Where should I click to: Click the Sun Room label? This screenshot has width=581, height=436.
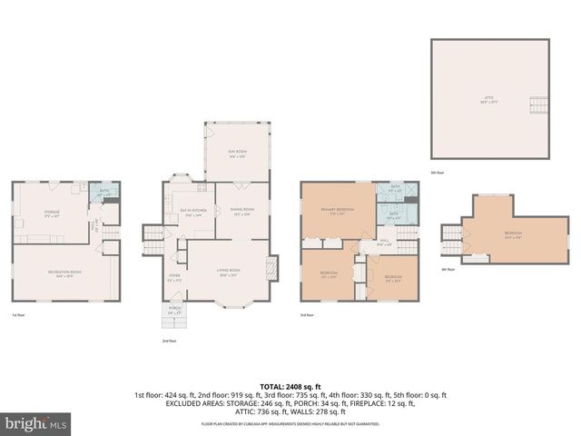(238, 154)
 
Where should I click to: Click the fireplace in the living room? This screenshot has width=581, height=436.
(269, 268)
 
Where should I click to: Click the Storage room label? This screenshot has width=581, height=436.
(52, 213)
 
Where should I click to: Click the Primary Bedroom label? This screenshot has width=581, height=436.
(337, 213)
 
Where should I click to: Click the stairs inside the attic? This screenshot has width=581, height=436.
(537, 104)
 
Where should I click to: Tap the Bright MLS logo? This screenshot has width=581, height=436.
(36, 423)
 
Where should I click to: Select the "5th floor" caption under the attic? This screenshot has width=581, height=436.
(438, 173)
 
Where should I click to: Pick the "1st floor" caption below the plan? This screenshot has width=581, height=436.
(18, 314)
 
